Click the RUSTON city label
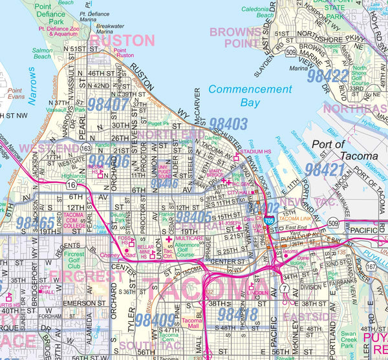[x=122, y=40]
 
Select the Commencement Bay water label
[x=251, y=96]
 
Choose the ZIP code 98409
[x=155, y=319]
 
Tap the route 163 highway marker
[x=86, y=149]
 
